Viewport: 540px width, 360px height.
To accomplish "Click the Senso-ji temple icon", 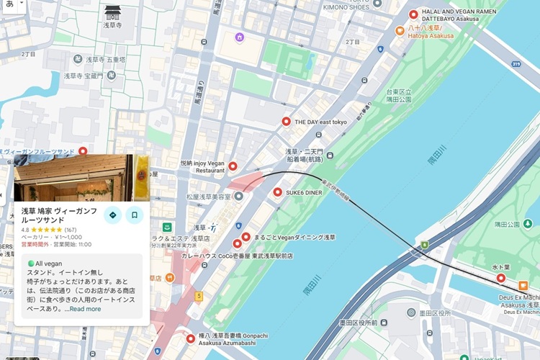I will (x=113, y=13).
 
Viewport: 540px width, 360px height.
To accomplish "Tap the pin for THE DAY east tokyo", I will (x=286, y=122).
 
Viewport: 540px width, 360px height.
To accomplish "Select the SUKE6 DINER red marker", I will (x=278, y=192).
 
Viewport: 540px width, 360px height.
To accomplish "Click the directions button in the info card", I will (x=112, y=215).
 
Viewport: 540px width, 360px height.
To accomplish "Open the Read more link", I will (x=85, y=309).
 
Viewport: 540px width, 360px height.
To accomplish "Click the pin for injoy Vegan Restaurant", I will (x=233, y=166).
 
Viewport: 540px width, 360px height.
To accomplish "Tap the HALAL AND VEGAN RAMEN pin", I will (x=413, y=14).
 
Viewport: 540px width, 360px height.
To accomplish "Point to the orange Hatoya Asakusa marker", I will (x=400, y=30).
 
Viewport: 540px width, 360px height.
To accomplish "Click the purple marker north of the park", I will (x=239, y=37).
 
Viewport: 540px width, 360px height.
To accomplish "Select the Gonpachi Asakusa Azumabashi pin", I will (x=191, y=338).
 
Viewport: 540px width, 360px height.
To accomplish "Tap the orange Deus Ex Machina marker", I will (x=523, y=286).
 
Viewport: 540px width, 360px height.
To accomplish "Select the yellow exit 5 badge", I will (x=199, y=296).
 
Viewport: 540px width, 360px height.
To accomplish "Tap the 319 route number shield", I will (x=516, y=64).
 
